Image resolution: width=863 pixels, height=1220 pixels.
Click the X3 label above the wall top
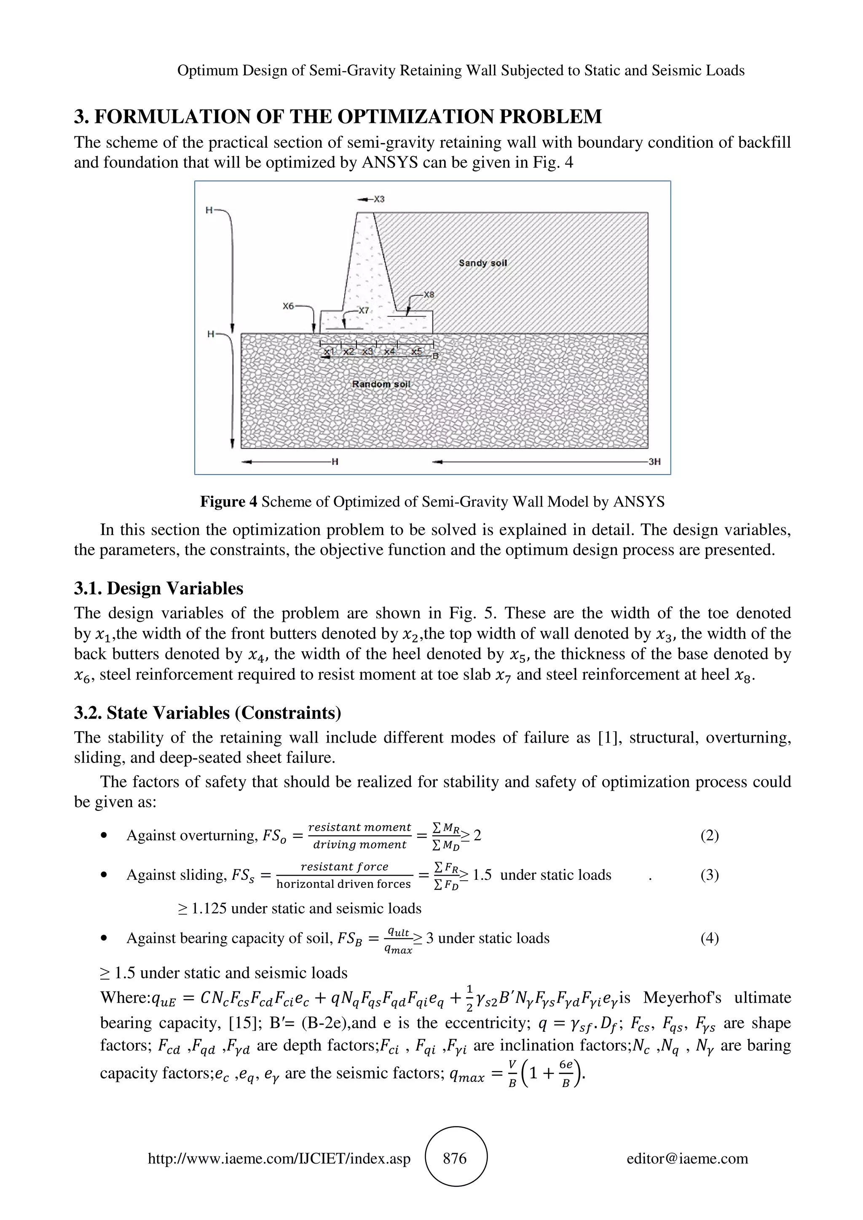378,199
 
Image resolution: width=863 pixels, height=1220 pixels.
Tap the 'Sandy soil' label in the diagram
483,263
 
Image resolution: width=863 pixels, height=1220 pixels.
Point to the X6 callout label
288,306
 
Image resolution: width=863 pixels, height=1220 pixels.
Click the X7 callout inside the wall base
363,310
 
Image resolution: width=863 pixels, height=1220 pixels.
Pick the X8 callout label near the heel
429,294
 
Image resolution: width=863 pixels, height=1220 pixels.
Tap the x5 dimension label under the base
417,351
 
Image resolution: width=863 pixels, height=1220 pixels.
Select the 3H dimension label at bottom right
654,462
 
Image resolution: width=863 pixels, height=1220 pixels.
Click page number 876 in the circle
455,1159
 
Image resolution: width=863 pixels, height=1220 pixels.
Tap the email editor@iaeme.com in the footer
687,1159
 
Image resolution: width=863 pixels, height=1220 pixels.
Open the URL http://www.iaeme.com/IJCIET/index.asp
279,1159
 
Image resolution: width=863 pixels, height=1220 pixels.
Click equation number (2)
709,835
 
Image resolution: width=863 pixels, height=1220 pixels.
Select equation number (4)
709,938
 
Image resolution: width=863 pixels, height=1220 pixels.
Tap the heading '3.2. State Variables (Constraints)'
207,713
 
